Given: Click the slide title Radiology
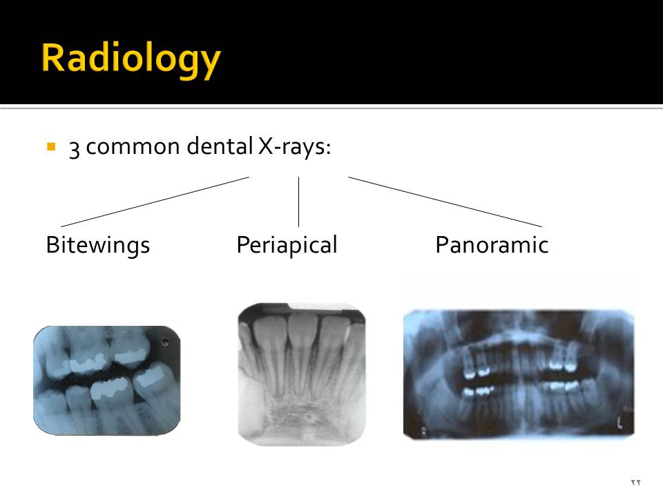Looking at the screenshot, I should pyautogui.click(x=131, y=59).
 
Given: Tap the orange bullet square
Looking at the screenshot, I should pyautogui.click(x=50, y=147).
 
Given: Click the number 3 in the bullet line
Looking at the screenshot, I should pyautogui.click(x=74, y=148).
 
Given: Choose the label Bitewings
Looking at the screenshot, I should pyautogui.click(x=97, y=245).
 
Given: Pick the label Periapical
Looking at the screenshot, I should pyautogui.click(x=287, y=245).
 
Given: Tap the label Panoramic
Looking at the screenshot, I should pyautogui.click(x=492, y=245).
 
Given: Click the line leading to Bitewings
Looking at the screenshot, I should pyautogui.click(x=155, y=202).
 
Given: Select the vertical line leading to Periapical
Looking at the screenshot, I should pyautogui.click(x=298, y=202).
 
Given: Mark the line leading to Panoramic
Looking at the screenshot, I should pyautogui.click(x=445, y=202).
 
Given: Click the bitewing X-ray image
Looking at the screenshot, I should pyautogui.click(x=107, y=380).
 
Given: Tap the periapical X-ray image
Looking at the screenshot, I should pyautogui.click(x=302, y=373).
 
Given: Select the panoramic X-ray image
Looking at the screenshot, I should pyautogui.click(x=518, y=374).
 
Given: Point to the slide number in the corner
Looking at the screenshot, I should pyautogui.click(x=636, y=482).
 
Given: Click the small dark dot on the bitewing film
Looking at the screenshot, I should pyautogui.click(x=164, y=342).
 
